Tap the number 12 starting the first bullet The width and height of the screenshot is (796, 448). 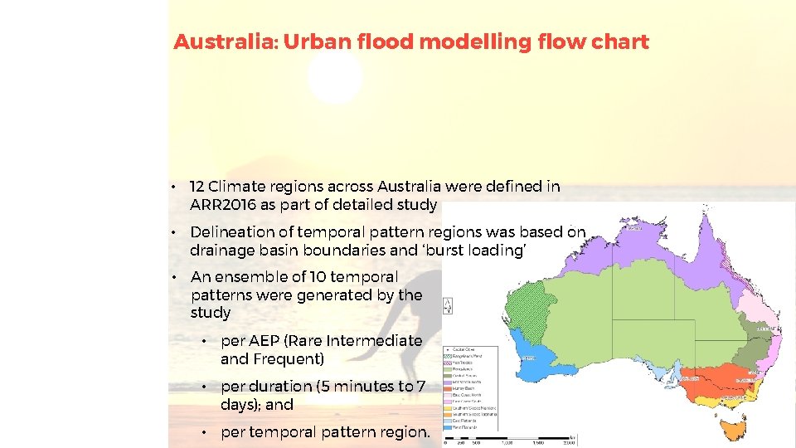click(x=197, y=187)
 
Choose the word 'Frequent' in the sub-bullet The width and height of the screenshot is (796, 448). click(x=289, y=359)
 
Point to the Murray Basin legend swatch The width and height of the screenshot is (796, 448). click(x=448, y=388)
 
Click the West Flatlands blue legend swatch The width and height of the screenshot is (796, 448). click(x=448, y=427)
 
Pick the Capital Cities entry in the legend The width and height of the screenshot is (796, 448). click(x=464, y=349)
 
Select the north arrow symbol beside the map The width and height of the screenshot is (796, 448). click(x=449, y=304)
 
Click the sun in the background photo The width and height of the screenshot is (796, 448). click(x=335, y=79)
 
